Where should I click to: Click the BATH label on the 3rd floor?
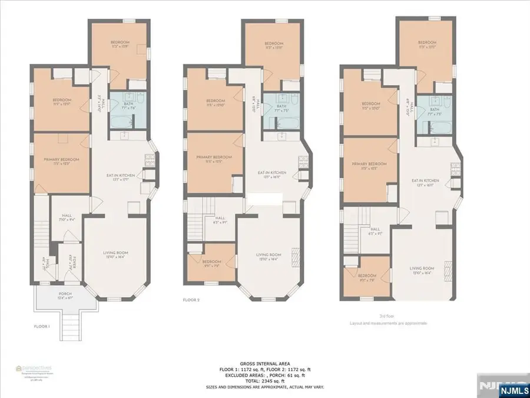[435, 109]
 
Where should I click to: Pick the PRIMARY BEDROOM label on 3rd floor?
[369, 164]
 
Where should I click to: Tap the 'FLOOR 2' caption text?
[191, 300]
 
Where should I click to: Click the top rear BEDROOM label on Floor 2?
[274, 44]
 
